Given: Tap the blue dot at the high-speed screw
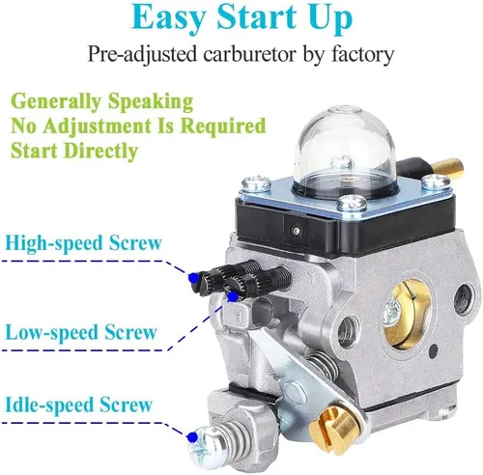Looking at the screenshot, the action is click(193, 277).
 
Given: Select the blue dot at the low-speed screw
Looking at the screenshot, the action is click(233, 296).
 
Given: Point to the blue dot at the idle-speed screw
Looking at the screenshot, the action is click(193, 436).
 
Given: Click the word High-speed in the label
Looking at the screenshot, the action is click(55, 243).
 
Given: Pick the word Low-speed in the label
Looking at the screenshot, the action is click(52, 332).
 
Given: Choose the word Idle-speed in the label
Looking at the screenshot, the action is click(50, 405).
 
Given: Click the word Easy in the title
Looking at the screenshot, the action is click(168, 18).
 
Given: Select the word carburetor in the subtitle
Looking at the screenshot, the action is click(249, 54).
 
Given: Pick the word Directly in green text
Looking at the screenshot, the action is click(100, 151).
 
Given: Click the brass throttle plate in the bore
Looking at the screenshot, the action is click(407, 314).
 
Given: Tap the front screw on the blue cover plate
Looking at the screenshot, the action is click(352, 203).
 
